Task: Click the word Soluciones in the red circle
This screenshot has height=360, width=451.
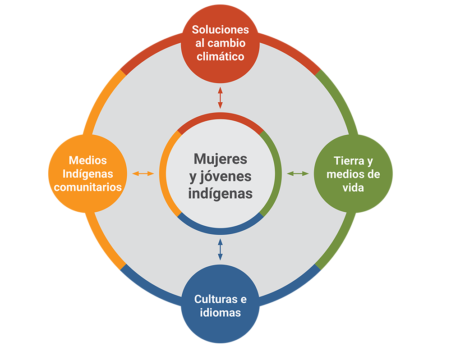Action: [x=220, y=30]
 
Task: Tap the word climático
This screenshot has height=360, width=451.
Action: [x=220, y=57]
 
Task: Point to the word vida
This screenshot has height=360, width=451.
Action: [x=353, y=187]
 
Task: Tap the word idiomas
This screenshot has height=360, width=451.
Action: [x=220, y=312]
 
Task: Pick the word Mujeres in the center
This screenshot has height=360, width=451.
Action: [x=221, y=159]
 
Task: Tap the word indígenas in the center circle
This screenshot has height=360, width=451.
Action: [x=221, y=193]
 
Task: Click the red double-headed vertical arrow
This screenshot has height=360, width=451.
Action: [x=220, y=98]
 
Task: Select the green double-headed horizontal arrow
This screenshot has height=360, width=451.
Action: [x=298, y=173]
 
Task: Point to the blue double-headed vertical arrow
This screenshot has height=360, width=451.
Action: [x=220, y=250]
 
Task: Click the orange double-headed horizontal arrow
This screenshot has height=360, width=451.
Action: [x=143, y=173]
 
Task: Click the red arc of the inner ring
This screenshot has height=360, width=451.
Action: [x=220, y=116]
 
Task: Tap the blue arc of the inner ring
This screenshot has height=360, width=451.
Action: [x=220, y=231]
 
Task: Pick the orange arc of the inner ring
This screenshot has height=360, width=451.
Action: [x=163, y=173]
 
